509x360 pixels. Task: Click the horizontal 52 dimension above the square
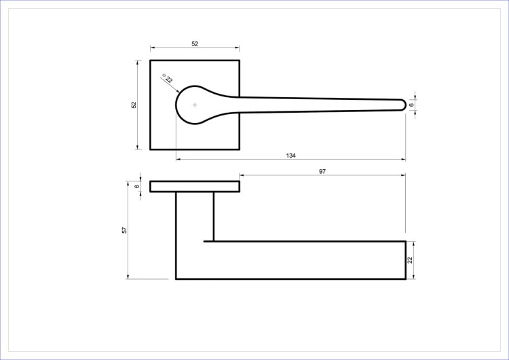coord(195,43)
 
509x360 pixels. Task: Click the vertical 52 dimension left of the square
coord(134,105)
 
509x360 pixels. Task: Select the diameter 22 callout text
coord(169,79)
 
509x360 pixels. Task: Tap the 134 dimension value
coord(291,156)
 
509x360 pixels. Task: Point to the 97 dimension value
coord(322,172)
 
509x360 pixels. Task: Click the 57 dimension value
coord(124,230)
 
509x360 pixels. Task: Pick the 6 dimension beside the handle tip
coord(412,105)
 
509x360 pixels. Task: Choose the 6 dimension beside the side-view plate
coord(136,187)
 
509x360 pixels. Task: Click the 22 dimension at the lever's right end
coord(410,260)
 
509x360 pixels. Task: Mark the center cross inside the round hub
coord(195,105)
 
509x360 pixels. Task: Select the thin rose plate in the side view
coord(195,187)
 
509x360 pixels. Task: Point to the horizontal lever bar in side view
coord(305,260)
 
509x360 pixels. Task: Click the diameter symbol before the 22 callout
coord(164,76)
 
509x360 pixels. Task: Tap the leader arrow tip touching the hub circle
coord(181,92)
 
